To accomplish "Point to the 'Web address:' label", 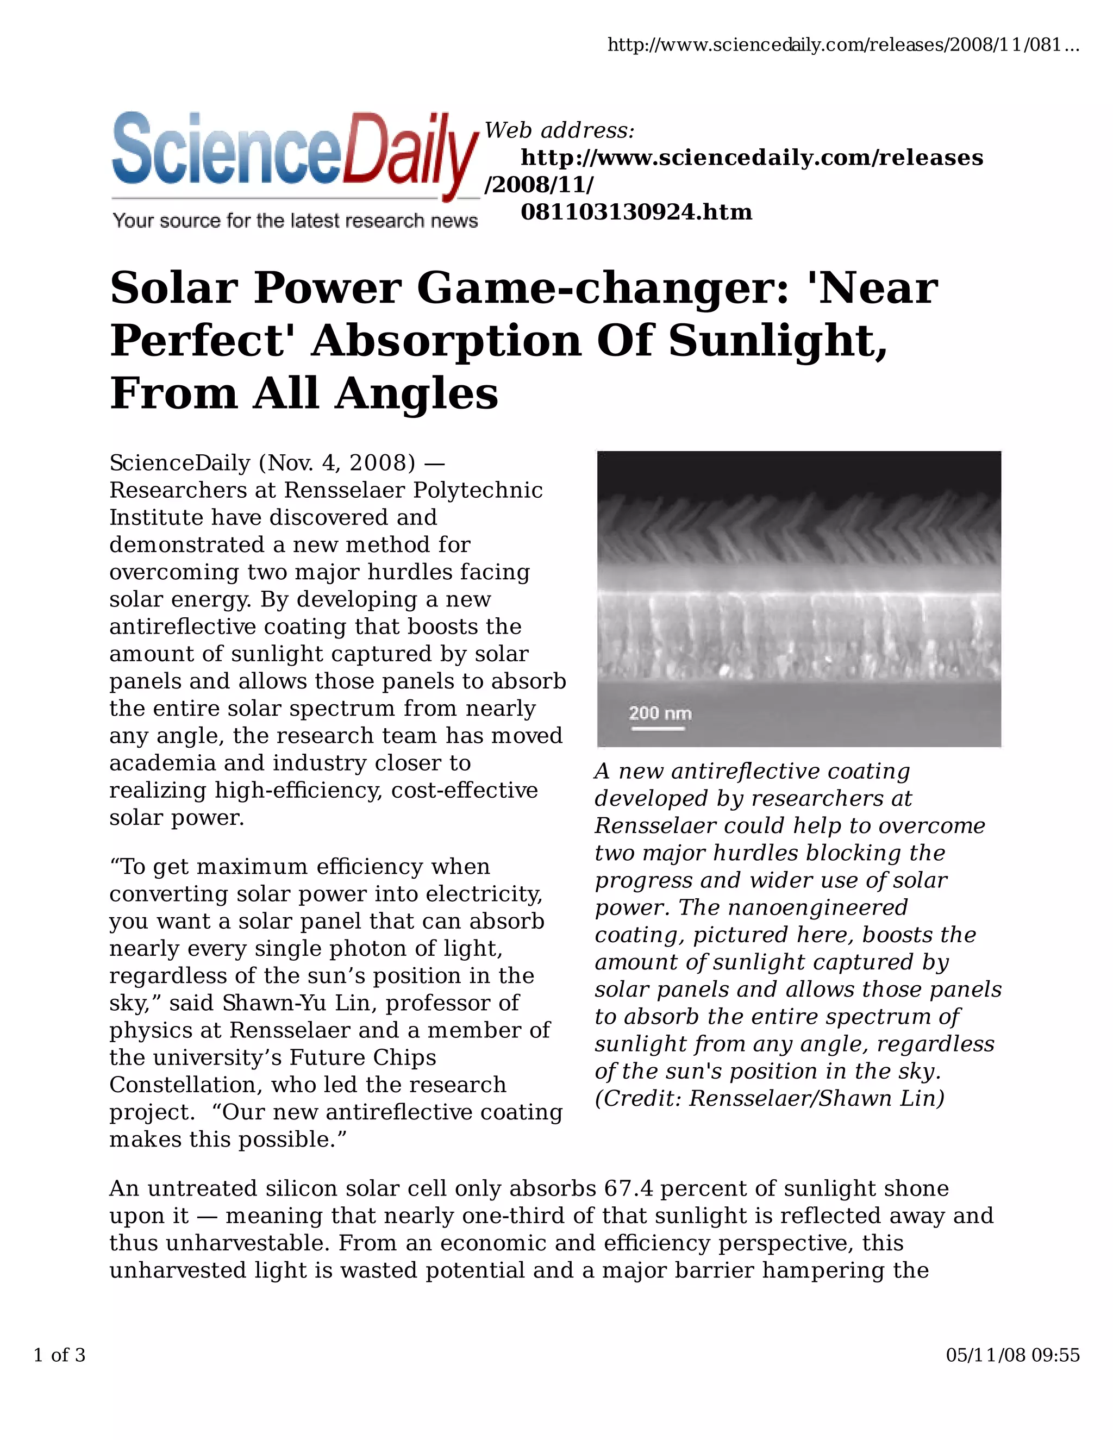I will (x=559, y=130).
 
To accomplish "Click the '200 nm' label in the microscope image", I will (x=660, y=713).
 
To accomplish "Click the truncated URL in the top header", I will (x=843, y=45).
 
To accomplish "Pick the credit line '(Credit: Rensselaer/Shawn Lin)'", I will (x=770, y=1098).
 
